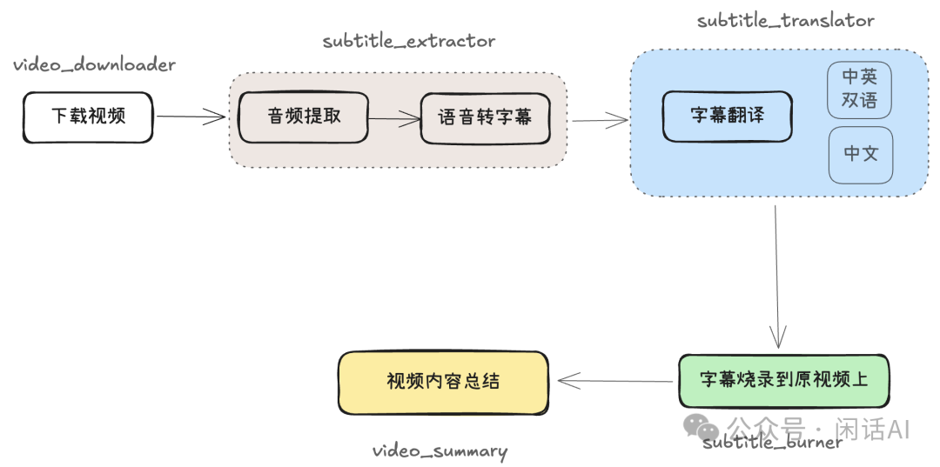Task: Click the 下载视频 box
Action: [88, 117]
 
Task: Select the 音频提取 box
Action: [304, 117]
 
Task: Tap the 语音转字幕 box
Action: [485, 118]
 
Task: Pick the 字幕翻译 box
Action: [727, 117]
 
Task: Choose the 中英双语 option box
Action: [860, 90]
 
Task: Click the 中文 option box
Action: [861, 155]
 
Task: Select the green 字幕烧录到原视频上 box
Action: [783, 382]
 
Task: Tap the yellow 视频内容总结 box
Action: [443, 383]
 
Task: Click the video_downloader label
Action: [95, 64]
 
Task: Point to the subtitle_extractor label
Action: [409, 42]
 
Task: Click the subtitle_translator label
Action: [785, 20]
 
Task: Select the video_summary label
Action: [440, 450]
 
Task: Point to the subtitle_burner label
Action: [772, 443]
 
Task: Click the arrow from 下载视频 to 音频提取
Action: [191, 117]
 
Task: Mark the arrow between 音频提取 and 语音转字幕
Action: [394, 119]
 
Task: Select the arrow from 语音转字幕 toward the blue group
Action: [600, 120]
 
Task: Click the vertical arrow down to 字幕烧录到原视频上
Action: [777, 277]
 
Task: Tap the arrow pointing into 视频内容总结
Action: [615, 381]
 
